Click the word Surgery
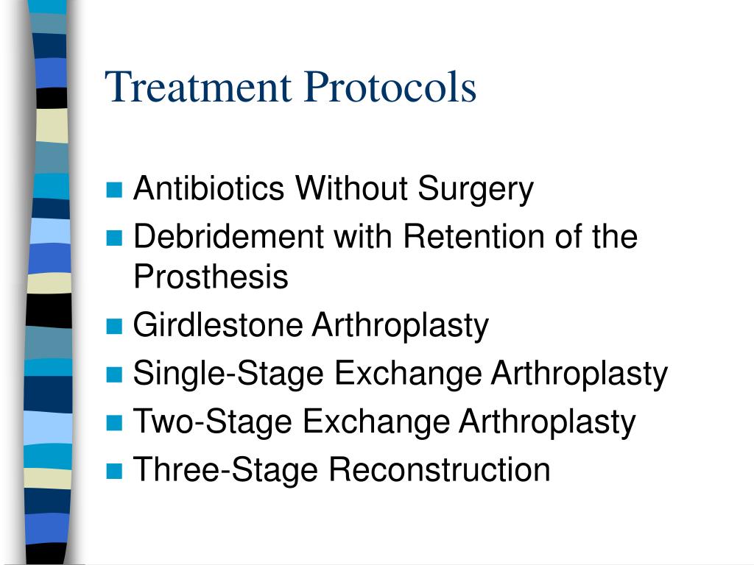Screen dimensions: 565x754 click(x=476, y=189)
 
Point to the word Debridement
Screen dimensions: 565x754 click(x=229, y=237)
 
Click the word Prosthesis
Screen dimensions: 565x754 click(x=211, y=277)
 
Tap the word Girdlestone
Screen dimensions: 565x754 click(x=218, y=324)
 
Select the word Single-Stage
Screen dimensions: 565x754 click(x=229, y=373)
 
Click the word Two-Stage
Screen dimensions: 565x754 click(x=214, y=422)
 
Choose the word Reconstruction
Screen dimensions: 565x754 click(x=440, y=469)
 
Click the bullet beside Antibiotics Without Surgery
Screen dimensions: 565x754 click(x=113, y=191)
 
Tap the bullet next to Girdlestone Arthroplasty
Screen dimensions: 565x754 click(x=113, y=326)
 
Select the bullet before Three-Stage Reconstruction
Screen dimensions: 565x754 click(x=113, y=471)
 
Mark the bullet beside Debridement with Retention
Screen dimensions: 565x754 click(x=113, y=238)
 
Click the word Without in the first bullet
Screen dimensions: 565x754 click(x=352, y=189)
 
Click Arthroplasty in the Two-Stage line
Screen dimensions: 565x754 click(x=547, y=422)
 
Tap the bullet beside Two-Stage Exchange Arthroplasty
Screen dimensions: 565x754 click(x=113, y=423)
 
